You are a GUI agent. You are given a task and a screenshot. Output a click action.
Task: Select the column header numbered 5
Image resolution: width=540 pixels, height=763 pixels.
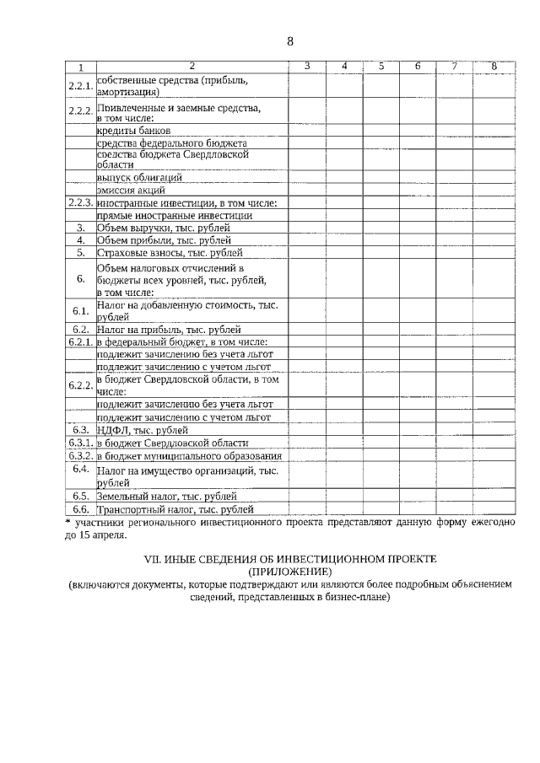click(381, 67)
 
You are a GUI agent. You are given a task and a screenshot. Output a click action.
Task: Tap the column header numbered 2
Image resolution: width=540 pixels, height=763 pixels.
click(192, 67)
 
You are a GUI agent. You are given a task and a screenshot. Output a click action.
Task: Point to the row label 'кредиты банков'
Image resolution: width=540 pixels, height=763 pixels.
click(134, 132)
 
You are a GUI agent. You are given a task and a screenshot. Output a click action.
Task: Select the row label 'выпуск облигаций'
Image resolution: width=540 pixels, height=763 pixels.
click(139, 178)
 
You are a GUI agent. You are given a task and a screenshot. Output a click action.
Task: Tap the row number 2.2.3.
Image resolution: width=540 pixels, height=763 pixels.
click(80, 203)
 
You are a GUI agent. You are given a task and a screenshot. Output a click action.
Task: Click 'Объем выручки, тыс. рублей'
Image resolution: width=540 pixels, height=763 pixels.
click(164, 228)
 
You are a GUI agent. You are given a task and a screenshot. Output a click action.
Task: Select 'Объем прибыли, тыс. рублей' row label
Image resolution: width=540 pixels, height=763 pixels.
click(164, 240)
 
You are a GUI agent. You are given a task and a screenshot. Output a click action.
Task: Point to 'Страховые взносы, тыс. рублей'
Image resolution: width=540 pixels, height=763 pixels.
click(170, 252)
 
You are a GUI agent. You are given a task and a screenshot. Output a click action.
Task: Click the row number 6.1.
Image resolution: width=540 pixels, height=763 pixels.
click(80, 311)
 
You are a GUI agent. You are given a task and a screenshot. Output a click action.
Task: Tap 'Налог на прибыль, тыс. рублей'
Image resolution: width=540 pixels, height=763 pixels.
click(169, 330)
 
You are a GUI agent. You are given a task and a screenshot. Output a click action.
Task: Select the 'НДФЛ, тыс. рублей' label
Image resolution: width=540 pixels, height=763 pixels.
click(142, 430)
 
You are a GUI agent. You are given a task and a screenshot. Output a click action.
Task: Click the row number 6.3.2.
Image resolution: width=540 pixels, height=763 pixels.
click(80, 455)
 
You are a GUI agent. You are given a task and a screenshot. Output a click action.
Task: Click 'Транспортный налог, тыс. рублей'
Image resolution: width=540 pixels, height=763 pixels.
click(175, 509)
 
